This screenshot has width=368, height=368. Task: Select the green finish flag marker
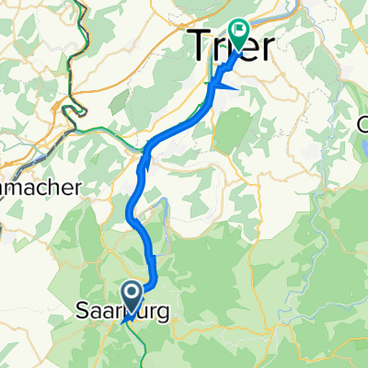[x=239, y=34]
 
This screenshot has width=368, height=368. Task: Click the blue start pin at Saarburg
[x=132, y=296]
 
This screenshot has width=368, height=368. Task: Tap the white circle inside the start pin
[x=132, y=294]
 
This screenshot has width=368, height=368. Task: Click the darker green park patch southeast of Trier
[x=233, y=127]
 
